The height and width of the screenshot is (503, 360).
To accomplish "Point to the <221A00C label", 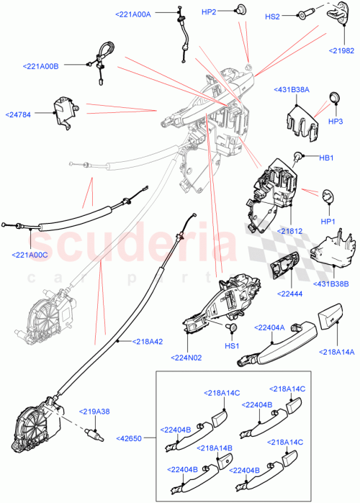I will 31,253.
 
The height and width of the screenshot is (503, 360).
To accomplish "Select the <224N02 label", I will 189,357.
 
